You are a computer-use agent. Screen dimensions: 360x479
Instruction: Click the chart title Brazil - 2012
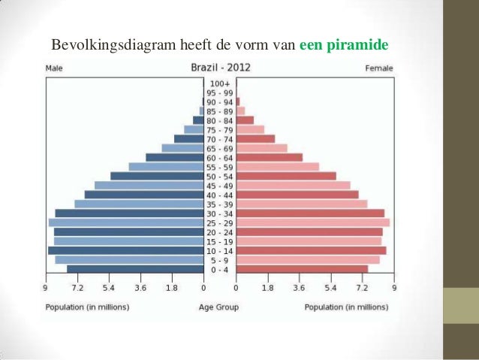click(x=221, y=67)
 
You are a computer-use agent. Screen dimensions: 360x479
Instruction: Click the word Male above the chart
click(x=54, y=68)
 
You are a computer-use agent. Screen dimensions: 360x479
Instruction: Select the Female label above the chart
click(x=378, y=68)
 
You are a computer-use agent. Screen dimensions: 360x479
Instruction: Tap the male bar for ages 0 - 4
click(x=135, y=269)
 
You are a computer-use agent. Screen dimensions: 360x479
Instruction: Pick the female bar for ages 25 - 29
click(x=312, y=222)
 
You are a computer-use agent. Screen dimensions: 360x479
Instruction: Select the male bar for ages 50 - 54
click(x=157, y=176)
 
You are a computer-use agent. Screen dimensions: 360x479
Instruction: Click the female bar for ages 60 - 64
click(x=269, y=157)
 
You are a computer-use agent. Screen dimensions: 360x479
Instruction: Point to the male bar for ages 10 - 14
click(x=125, y=250)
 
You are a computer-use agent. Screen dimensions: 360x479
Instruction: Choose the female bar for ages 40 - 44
click(x=297, y=195)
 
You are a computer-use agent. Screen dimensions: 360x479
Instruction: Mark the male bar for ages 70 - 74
click(x=188, y=139)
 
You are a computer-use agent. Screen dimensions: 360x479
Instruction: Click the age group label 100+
click(x=220, y=83)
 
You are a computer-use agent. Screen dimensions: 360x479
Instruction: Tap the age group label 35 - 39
click(x=220, y=204)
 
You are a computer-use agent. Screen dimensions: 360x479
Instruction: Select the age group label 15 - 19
click(x=220, y=241)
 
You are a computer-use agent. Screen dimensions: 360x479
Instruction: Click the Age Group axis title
click(x=218, y=307)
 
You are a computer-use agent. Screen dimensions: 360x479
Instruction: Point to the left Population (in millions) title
click(x=87, y=307)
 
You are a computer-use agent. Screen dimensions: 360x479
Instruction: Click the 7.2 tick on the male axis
click(x=77, y=287)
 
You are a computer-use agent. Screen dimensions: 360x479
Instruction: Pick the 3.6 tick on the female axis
click(x=299, y=287)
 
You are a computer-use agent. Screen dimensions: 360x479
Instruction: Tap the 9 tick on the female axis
click(x=393, y=287)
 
